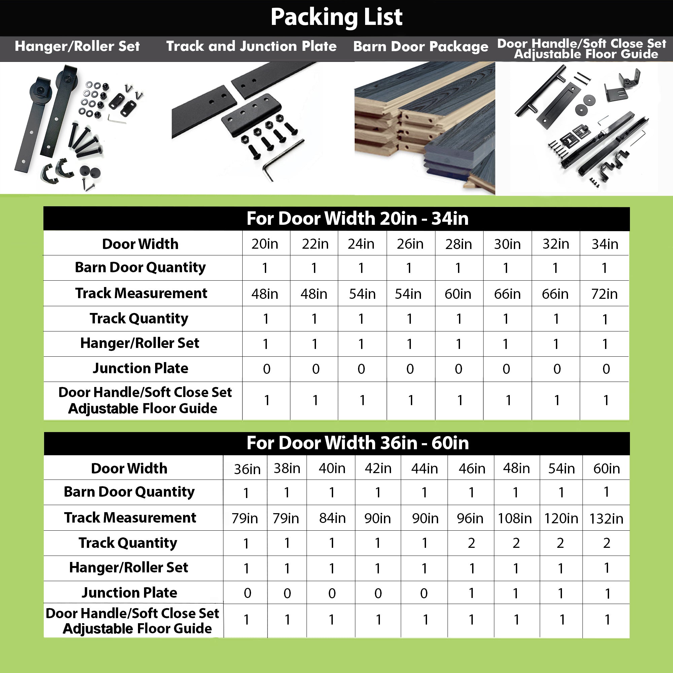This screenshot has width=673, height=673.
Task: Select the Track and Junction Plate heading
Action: tap(251, 46)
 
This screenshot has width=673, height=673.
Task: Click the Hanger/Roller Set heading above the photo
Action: tap(77, 46)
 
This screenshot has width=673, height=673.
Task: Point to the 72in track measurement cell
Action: tap(604, 294)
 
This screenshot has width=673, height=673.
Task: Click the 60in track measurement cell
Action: tap(458, 294)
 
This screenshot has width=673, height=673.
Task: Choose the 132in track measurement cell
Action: tap(606, 519)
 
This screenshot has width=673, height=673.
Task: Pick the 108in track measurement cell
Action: tap(515, 518)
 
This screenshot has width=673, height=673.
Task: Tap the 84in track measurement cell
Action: tap(332, 518)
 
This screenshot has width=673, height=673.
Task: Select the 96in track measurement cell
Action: tap(470, 518)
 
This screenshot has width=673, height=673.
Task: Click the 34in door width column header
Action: tap(605, 244)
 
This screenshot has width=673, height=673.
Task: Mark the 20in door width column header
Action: tap(265, 244)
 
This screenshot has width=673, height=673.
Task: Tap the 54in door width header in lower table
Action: tap(561, 468)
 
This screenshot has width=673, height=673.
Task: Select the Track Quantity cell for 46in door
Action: tap(471, 543)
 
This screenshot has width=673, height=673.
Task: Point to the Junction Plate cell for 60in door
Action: tap(607, 593)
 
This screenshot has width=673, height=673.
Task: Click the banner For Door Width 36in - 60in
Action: tap(358, 443)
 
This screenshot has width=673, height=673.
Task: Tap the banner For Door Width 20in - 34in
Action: tap(358, 218)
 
